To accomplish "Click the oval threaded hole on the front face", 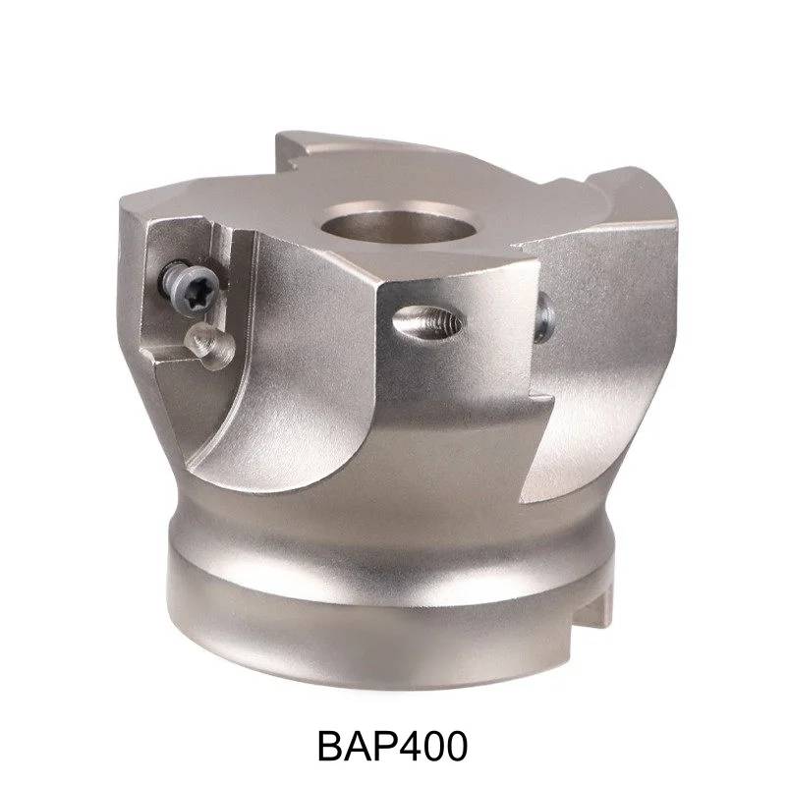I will point(424,321).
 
